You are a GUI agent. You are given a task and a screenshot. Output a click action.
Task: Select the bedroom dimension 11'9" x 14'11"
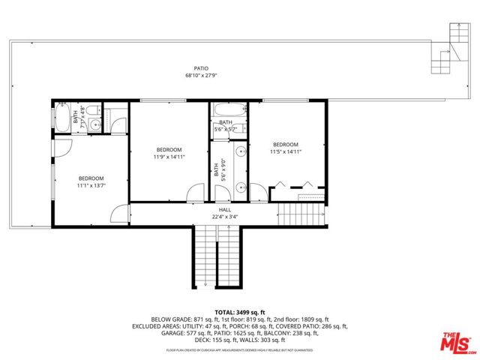170,156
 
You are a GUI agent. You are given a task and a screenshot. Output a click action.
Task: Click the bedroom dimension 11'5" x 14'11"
285,151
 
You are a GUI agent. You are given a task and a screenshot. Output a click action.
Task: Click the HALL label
223,211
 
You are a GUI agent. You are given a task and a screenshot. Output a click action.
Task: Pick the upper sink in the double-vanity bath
241,152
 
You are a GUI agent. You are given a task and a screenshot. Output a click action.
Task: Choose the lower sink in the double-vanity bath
241,187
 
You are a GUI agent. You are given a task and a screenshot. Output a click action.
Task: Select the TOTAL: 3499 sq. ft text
239,311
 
